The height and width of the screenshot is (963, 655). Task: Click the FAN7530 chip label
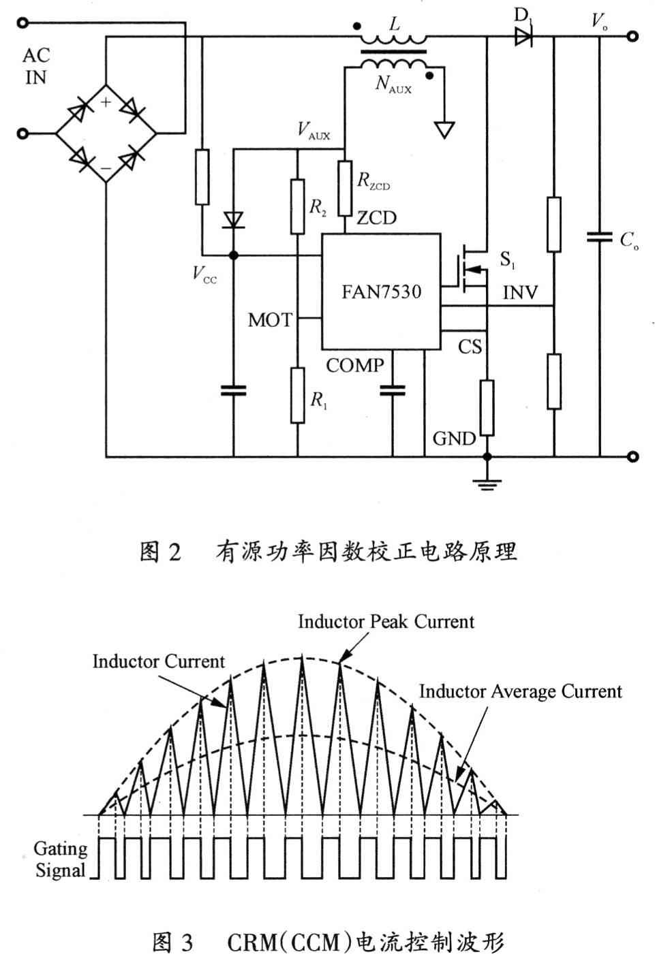381,292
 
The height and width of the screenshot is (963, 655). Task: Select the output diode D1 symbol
523,37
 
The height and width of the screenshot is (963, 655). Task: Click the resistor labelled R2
297,206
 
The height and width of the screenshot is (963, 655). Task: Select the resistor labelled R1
297,395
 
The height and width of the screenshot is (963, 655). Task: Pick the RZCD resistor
345,188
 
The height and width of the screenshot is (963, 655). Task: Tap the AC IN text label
36,66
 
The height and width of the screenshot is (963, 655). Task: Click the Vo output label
598,21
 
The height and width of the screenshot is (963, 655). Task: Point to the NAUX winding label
393,84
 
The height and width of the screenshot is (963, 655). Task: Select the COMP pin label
354,366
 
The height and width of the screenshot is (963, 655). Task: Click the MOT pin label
270,319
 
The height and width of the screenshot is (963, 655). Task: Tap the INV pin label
520,293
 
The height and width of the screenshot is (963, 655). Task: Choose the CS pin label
470,347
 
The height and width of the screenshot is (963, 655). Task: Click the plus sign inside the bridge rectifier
106,102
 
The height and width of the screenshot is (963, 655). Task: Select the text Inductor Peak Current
386,622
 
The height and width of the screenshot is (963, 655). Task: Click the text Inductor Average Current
520,692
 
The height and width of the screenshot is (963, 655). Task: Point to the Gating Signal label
61,859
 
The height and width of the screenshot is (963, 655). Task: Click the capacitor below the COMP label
393,390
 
